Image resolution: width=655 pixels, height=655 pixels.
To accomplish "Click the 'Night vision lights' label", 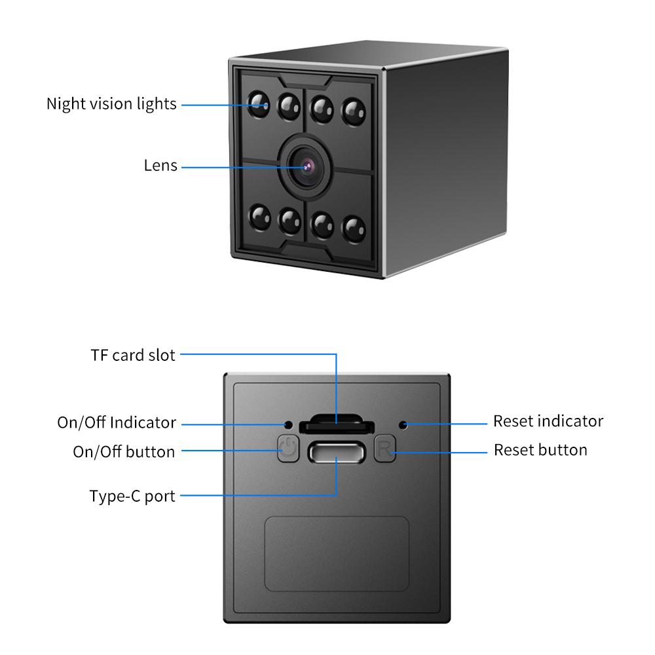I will pos(111,104).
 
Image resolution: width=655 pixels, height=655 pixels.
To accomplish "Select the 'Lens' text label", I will pos(160,166).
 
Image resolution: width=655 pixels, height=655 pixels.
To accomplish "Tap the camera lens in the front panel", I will pos(305,166).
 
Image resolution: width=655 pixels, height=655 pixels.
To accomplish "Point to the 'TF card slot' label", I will pos(133,355).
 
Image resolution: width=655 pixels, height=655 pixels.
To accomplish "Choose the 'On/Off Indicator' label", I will pos(117,422).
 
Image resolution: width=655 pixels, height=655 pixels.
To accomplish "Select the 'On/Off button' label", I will pos(124,451).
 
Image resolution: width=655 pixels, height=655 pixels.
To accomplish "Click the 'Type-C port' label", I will pos(132,496).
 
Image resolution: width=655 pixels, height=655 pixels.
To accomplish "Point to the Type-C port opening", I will pos(337,453).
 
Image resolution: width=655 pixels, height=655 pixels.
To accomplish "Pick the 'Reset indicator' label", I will pos(548,421).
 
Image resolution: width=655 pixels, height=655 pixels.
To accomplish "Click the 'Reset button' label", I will pos(540,451).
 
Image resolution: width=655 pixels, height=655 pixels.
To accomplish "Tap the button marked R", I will pos(384,450).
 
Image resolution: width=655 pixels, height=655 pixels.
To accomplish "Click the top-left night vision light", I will pos(259,105).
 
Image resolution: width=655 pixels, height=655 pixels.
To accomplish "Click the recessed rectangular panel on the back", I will pos(337,553).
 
